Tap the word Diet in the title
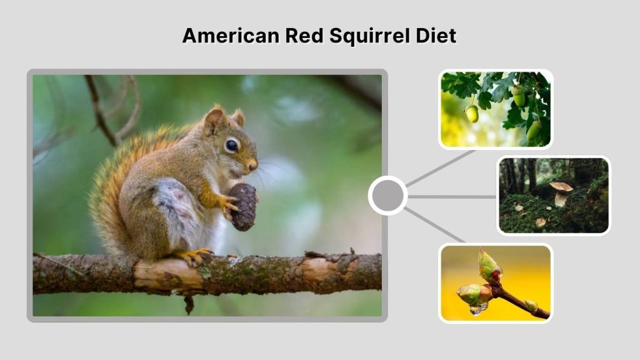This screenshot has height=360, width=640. [435, 36]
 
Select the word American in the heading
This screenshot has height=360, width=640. [230, 36]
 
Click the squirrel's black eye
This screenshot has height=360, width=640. [231, 145]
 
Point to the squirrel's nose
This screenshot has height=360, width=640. [252, 165]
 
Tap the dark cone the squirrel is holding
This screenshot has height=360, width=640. [244, 206]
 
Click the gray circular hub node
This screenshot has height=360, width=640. [387, 196]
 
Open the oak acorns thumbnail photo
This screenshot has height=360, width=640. [496, 109]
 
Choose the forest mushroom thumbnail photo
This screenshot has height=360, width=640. [554, 195]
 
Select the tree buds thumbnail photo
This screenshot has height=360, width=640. [496, 282]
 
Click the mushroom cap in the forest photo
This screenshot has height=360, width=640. [561, 187]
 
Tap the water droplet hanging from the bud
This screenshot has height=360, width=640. [479, 309]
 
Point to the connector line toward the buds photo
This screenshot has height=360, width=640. [434, 224]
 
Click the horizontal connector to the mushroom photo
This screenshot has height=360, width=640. [452, 196]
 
